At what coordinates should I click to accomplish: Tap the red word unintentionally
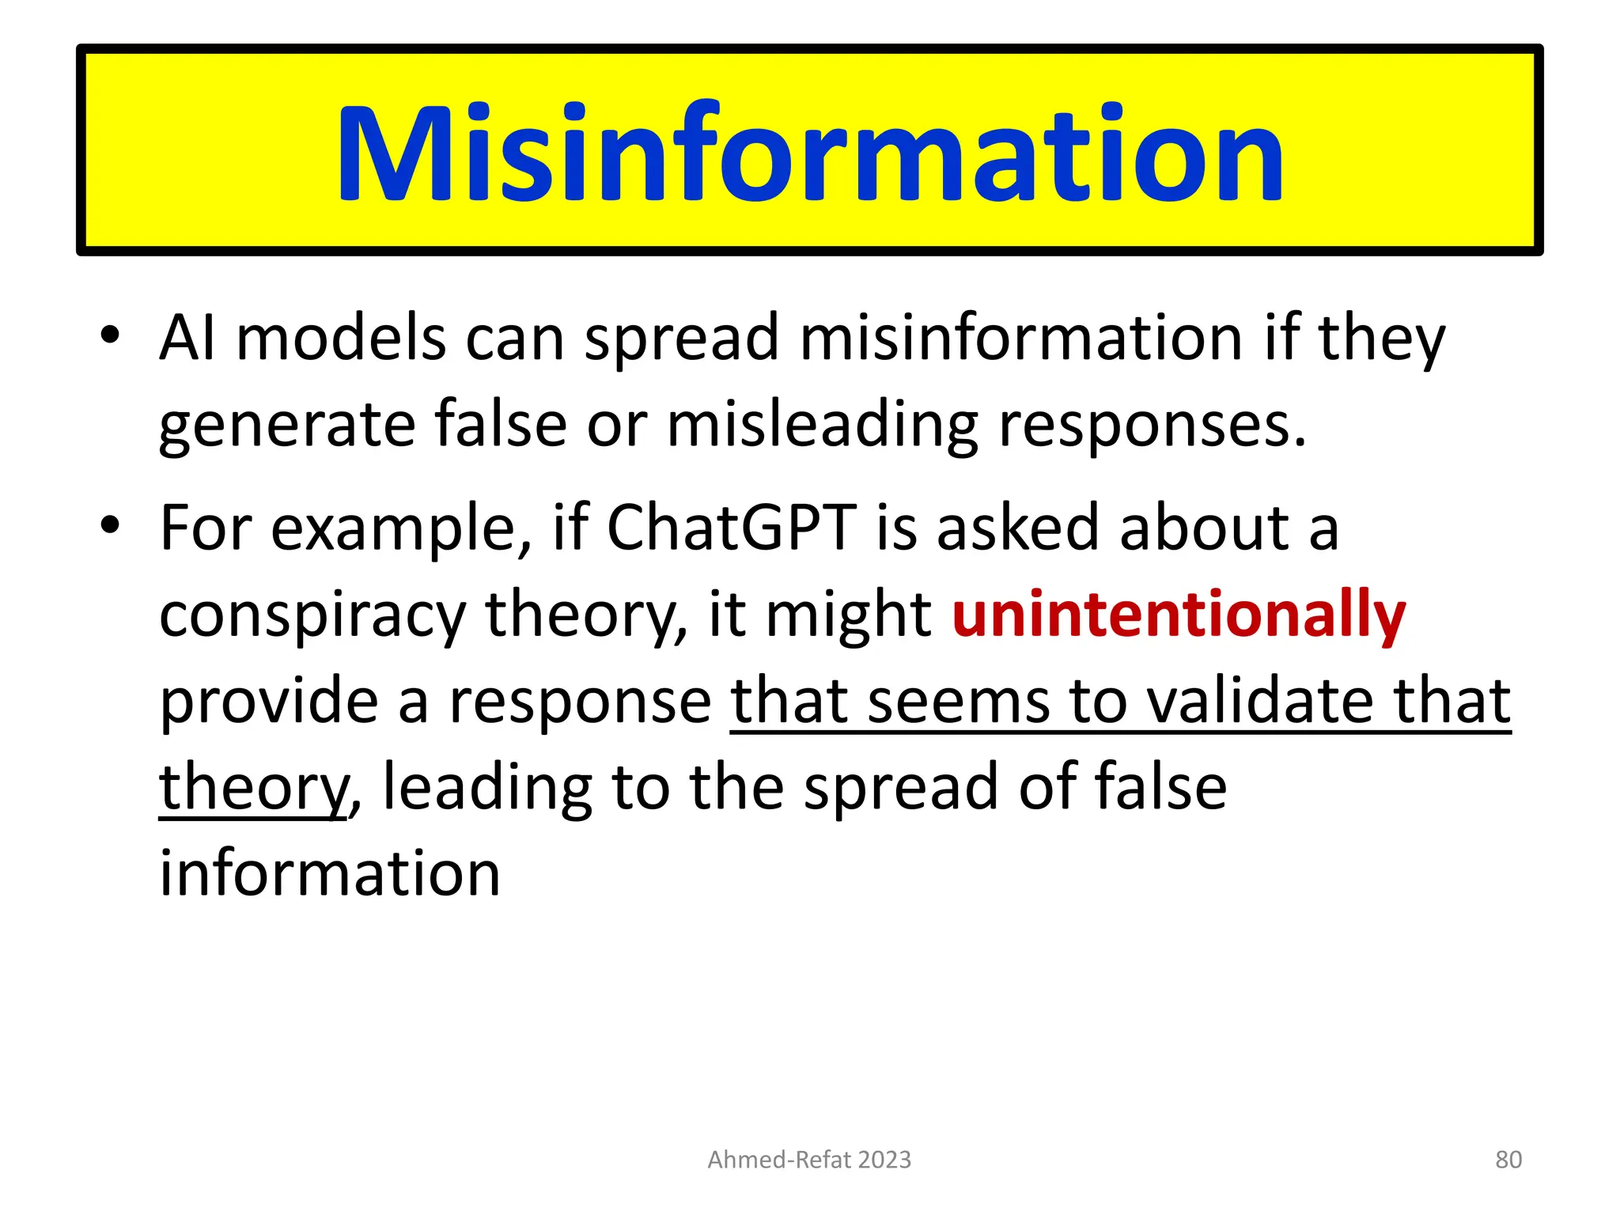[1179, 615]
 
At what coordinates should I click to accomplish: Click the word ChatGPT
[732, 528]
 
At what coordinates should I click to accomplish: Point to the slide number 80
[1508, 1160]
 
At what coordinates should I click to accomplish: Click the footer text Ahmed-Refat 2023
[809, 1160]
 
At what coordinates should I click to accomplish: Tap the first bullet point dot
[110, 335]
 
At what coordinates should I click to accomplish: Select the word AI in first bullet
[187, 339]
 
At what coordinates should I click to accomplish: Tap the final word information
[330, 874]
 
